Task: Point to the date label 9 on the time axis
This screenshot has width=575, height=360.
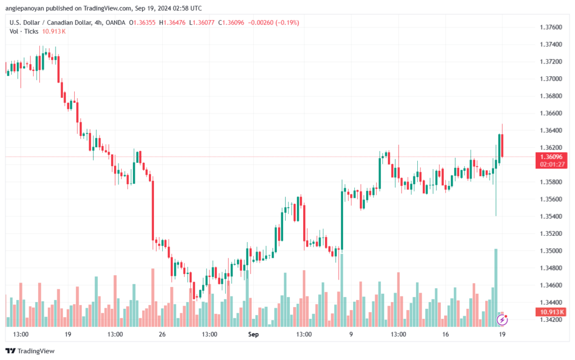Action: [351, 334]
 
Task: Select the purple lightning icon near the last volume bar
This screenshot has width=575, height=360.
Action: [503, 320]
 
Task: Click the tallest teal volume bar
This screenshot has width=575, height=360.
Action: [496, 287]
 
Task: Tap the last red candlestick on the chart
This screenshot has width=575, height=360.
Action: [501, 145]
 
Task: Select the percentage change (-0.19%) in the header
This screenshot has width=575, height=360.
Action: [286, 22]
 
